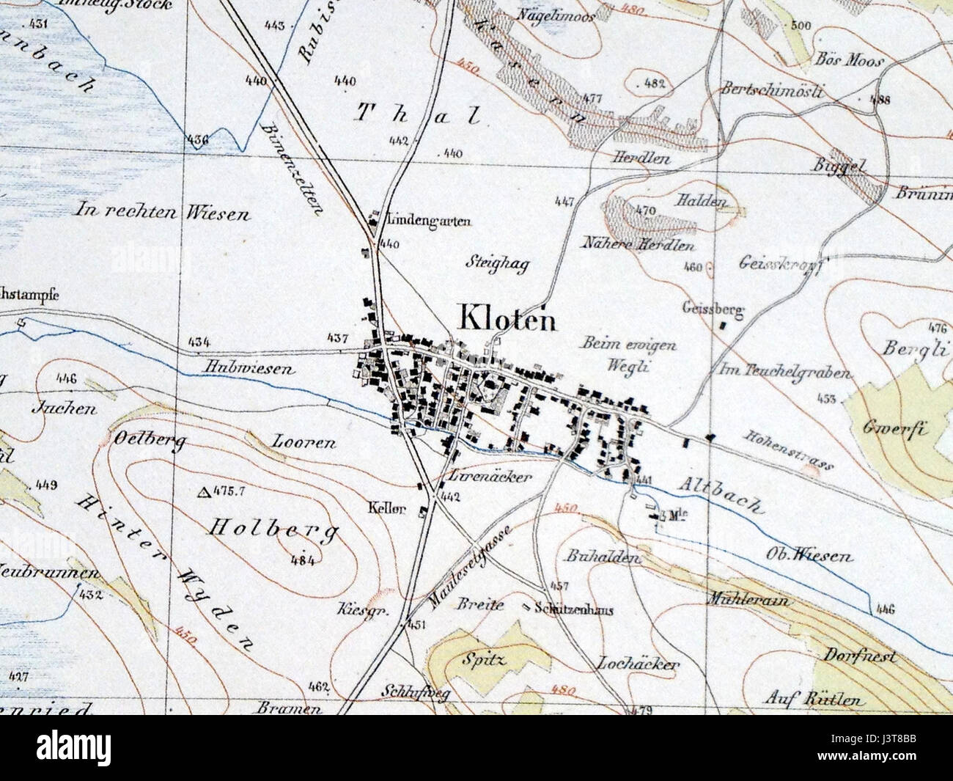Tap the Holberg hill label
275,529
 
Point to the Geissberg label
713,309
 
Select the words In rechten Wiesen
162,213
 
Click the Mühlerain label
748,600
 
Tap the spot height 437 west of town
336,339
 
